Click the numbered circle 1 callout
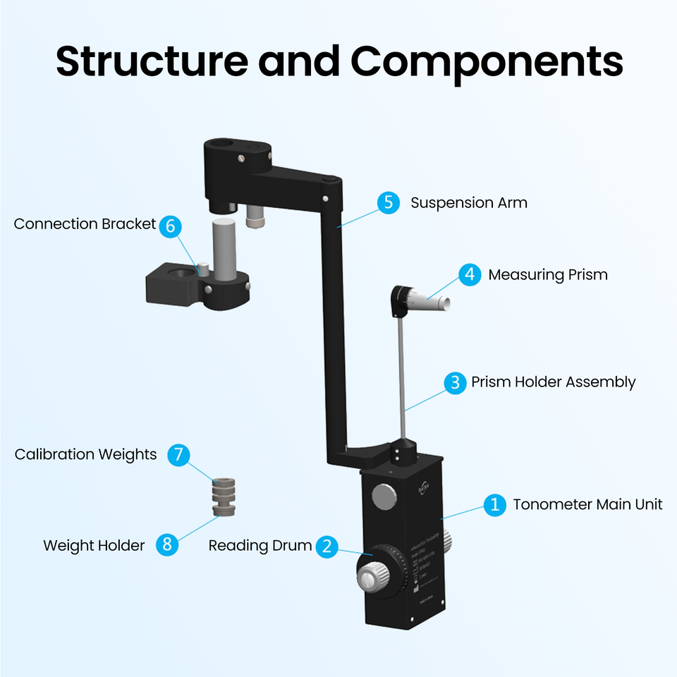pos(495,504)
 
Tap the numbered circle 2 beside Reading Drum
pos(326,546)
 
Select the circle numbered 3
pos(455,382)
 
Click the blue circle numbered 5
pos(388,203)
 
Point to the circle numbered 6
pos(170,226)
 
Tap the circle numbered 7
pos(178,455)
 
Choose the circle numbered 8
pos(167,544)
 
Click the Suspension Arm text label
pos(468,203)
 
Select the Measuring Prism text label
pos(547,274)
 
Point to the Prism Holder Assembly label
pos(553,382)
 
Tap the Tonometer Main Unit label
pos(587,504)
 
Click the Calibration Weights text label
pos(85,455)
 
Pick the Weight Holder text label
pos(94,545)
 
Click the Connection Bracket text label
pos(85,224)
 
